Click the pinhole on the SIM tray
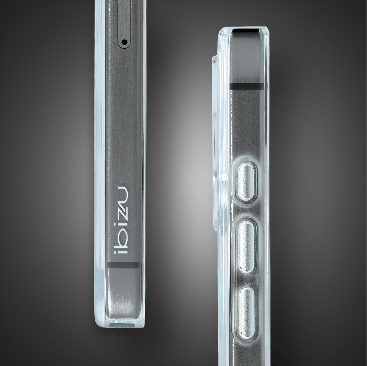click(x=125, y=42)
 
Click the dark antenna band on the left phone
click(x=123, y=265)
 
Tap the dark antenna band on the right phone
click(x=246, y=86)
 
